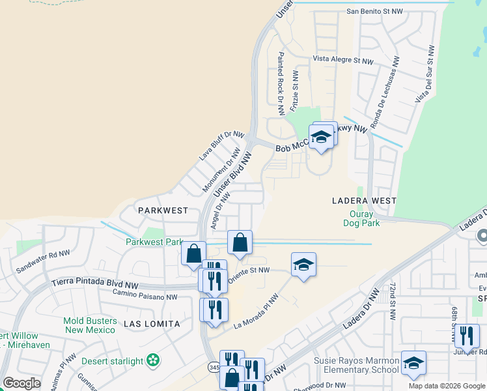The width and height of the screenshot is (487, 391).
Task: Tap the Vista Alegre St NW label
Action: tap(343, 60)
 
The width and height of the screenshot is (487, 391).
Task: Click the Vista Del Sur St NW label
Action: tap(424, 74)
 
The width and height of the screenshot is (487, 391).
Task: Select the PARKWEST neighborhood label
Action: tap(163, 210)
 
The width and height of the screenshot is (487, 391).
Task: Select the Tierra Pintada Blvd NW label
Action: tap(95, 285)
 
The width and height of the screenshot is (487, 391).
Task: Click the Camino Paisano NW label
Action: tap(144, 297)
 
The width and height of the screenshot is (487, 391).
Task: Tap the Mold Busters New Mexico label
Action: tap(90, 326)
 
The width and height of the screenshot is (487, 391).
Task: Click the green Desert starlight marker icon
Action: tap(153, 359)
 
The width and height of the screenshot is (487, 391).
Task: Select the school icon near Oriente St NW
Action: tap(303, 265)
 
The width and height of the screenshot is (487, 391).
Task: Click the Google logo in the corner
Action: tap(22, 383)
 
